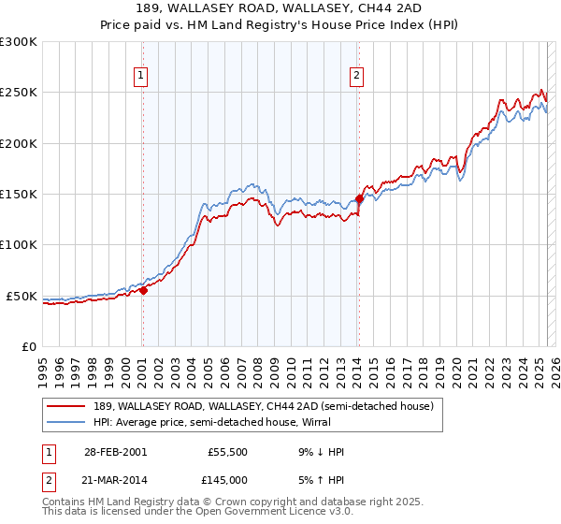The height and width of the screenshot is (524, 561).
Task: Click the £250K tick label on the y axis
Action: (18, 93)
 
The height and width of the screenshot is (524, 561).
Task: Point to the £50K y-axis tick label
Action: (21, 296)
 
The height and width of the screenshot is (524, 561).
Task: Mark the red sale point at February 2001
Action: (144, 290)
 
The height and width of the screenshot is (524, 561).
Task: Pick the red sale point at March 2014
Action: (359, 198)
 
